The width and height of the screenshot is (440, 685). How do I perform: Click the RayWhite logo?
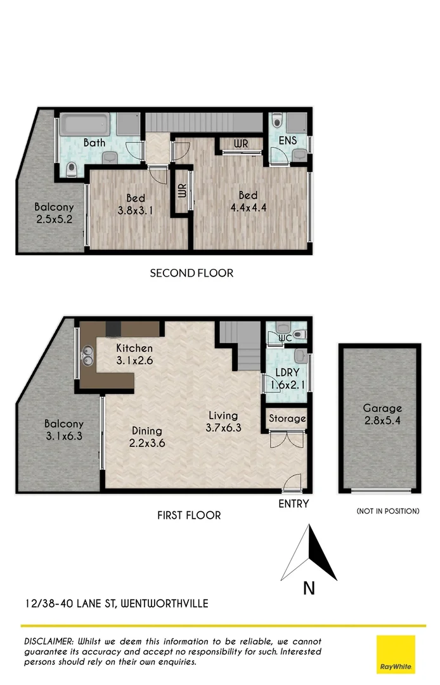[x=396, y=654]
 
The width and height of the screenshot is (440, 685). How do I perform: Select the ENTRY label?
[x=294, y=504]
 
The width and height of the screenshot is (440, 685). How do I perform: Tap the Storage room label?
[x=287, y=419]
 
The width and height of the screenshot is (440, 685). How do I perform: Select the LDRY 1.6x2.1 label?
[x=283, y=379]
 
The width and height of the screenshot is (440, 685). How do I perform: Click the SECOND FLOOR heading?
[x=191, y=273]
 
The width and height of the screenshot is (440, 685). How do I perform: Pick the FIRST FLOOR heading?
[x=189, y=516]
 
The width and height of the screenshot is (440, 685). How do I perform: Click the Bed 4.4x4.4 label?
[x=248, y=202]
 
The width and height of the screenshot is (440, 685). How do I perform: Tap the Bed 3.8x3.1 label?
[x=136, y=205]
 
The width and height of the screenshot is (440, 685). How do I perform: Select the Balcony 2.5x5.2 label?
[x=54, y=213]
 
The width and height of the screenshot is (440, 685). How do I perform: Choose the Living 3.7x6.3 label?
[x=224, y=422]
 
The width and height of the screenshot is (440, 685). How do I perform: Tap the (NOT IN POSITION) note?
[x=388, y=511]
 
